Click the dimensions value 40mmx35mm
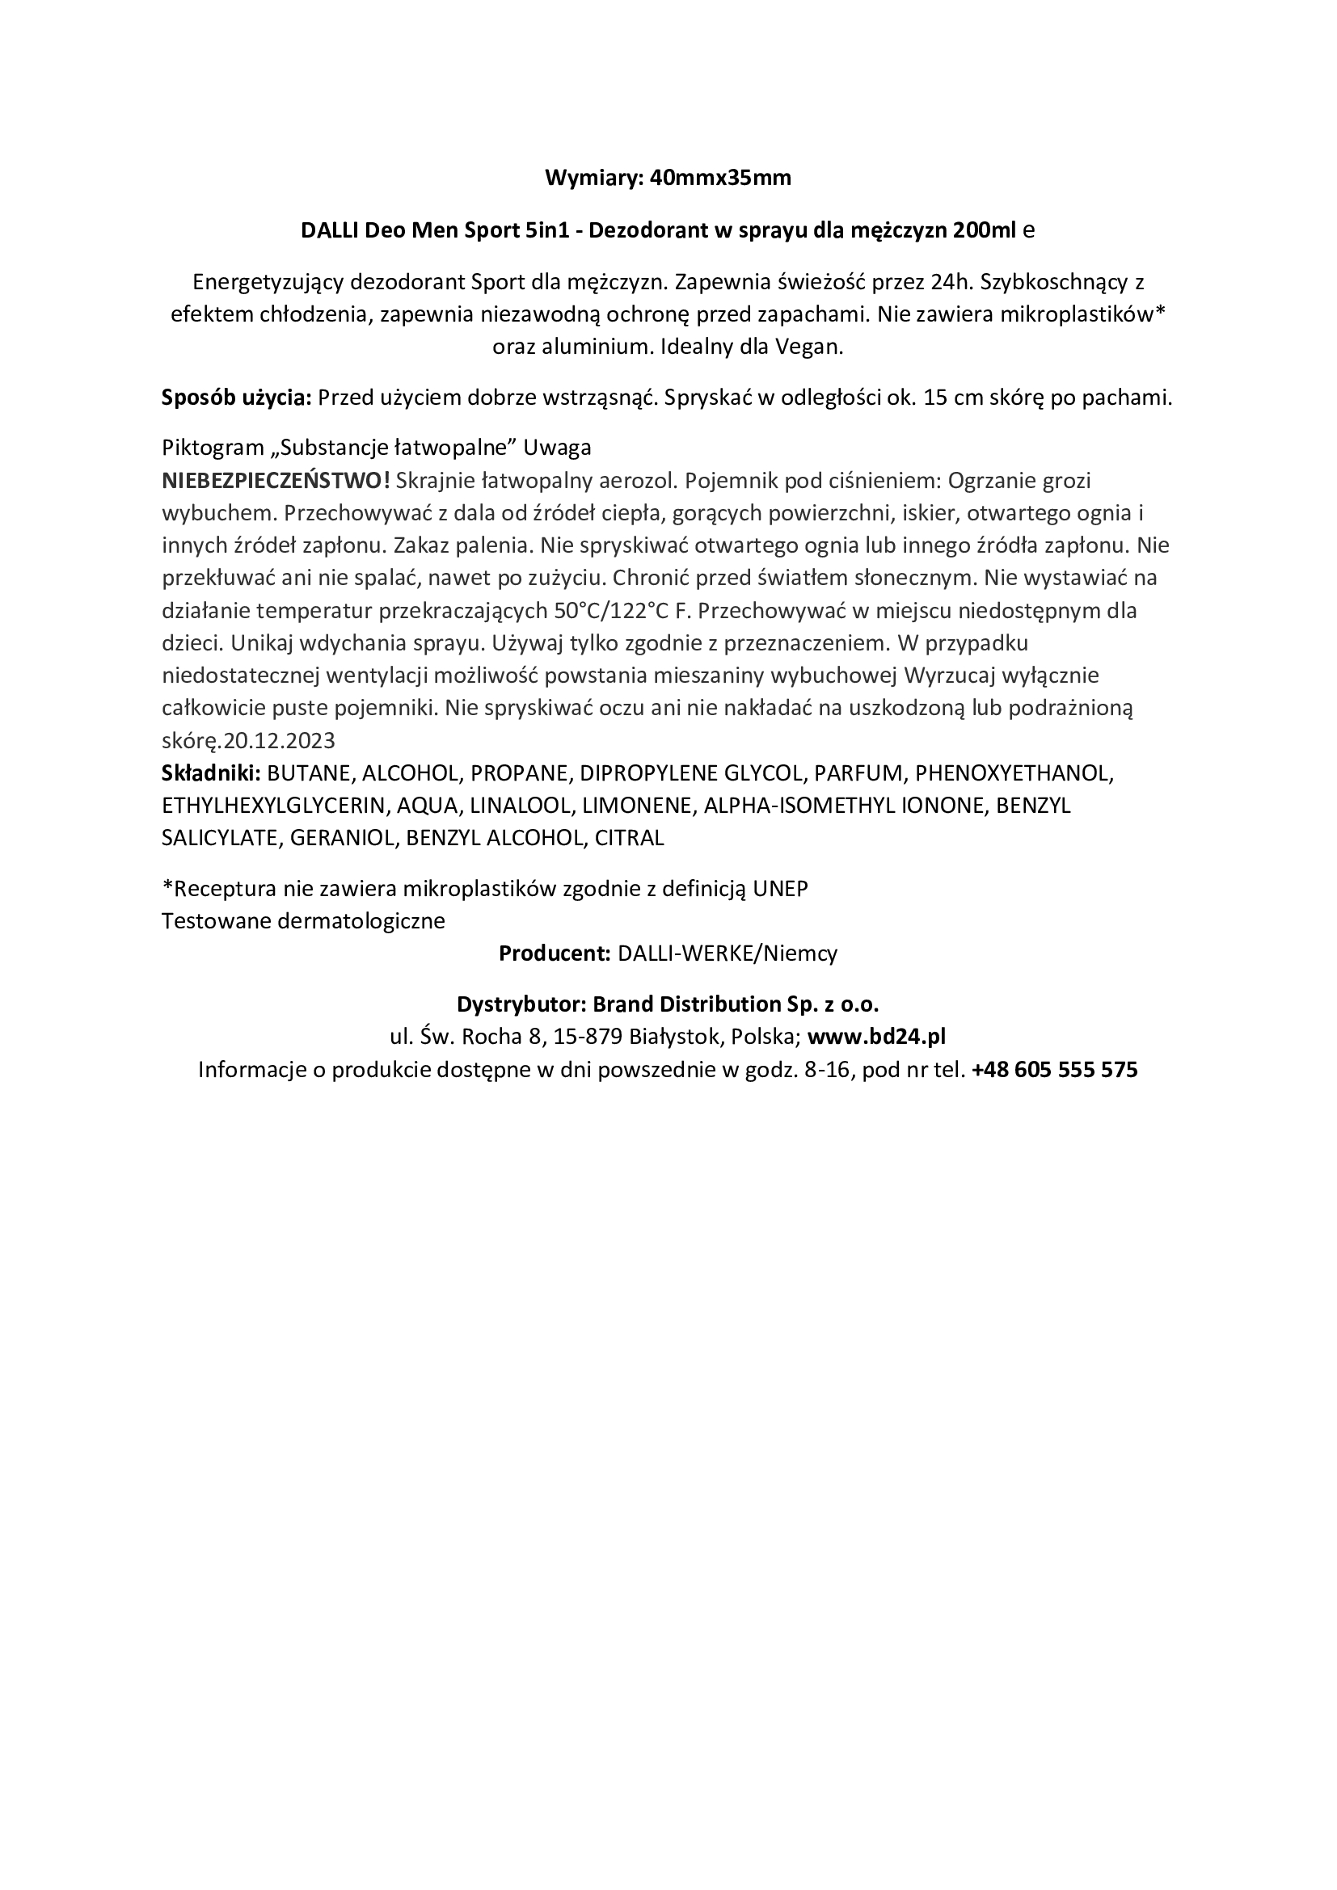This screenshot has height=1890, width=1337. click(720, 179)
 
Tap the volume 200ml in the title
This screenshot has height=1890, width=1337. click(984, 230)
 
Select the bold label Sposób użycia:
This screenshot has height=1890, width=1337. click(236, 398)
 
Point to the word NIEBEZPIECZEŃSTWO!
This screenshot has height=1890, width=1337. click(276, 481)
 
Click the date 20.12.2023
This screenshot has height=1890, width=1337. click(279, 741)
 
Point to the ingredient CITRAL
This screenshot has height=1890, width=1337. click(629, 838)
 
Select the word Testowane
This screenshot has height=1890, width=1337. click(216, 921)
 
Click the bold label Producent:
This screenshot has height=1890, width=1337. click(554, 954)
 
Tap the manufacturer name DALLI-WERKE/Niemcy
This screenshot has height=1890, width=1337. click(727, 954)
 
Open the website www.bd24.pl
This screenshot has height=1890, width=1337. click(876, 1037)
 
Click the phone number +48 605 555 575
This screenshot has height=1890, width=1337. click(1055, 1070)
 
